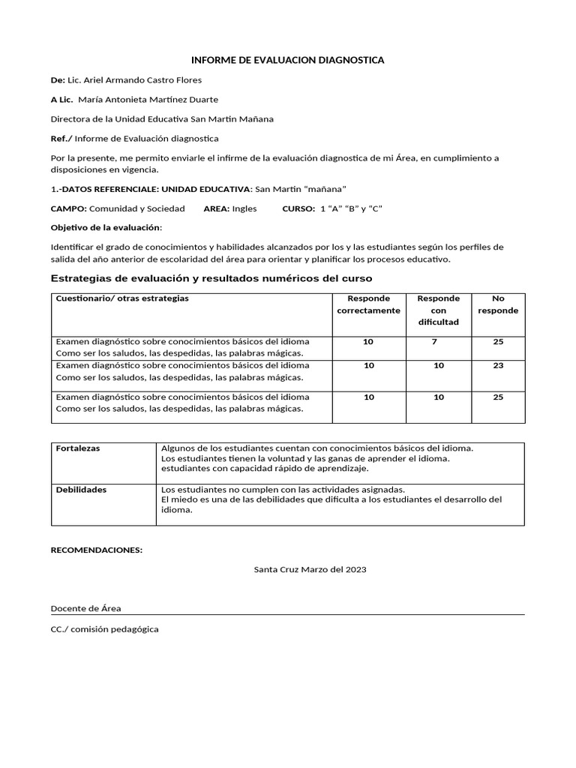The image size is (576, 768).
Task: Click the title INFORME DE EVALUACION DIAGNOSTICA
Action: [x=288, y=60]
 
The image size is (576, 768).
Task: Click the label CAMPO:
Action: [x=68, y=208]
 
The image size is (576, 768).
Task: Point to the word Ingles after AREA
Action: [x=244, y=208]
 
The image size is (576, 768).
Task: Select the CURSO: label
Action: [x=298, y=208]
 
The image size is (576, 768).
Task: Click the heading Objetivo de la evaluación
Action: [x=105, y=227]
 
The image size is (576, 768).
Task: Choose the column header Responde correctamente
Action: [x=368, y=304]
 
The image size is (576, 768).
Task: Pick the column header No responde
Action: [x=498, y=304]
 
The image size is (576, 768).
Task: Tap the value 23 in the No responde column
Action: [x=498, y=366]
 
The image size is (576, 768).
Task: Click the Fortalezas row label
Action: [x=78, y=448]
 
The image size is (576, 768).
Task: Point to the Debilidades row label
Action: [x=81, y=490]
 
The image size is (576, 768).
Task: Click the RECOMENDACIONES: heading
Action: [x=96, y=550]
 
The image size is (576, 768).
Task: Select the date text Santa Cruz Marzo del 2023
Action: [x=310, y=570]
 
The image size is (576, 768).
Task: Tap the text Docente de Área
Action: [x=85, y=608]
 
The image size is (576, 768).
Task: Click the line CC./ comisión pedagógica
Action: [x=104, y=629]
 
